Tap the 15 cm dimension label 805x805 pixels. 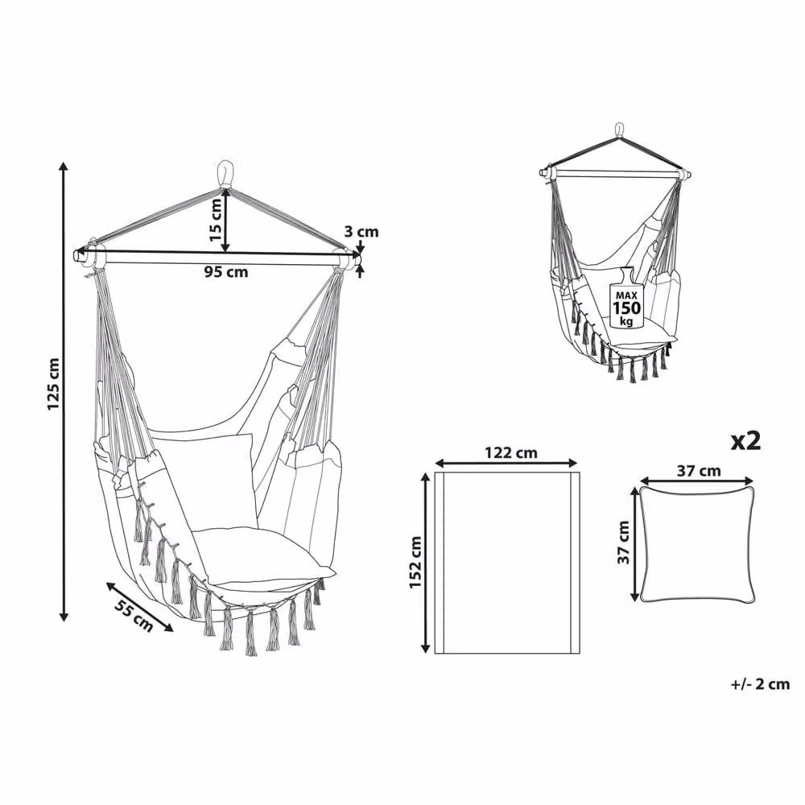coord(216,220)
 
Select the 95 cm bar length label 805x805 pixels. coord(226,271)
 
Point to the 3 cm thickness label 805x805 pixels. coord(361,232)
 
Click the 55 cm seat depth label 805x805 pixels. coord(134,615)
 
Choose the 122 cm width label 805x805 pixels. coord(511,452)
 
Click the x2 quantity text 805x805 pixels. coord(745,441)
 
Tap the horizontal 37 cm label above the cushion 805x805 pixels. coord(698,471)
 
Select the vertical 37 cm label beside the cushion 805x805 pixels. coord(623,543)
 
